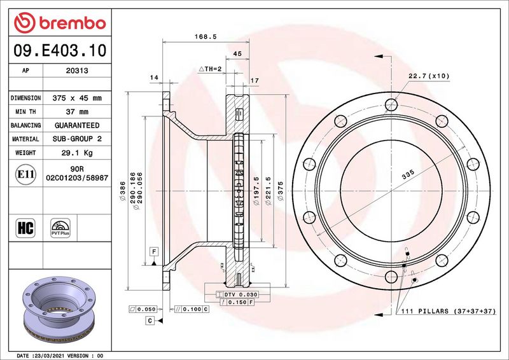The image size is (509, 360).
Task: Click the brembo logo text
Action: click(73, 23)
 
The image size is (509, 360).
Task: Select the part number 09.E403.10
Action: click(60, 51)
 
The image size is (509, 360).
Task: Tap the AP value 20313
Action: click(77, 71)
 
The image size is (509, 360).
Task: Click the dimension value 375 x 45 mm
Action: click(77, 98)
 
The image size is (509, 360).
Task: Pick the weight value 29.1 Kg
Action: click(77, 153)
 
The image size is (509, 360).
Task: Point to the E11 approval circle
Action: click(25, 174)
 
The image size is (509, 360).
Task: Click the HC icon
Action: click(25, 228)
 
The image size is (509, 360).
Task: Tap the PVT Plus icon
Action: click(60, 228)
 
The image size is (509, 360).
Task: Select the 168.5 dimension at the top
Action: click(206, 37)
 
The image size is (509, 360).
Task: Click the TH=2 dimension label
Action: click(210, 69)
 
